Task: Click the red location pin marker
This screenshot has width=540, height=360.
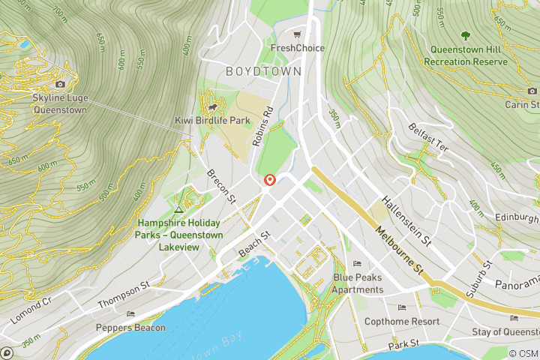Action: click(269, 180)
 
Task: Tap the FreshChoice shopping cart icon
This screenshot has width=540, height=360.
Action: click(298, 34)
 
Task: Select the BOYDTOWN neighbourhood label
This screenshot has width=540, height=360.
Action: click(263, 71)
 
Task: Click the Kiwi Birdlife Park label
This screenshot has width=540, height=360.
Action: click(212, 120)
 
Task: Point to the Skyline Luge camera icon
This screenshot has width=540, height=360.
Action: click(60, 84)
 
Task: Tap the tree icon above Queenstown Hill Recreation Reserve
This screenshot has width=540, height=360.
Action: click(466, 34)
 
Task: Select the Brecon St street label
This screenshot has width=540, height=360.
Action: click(221, 185)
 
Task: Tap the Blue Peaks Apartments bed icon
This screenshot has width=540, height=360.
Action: click(357, 264)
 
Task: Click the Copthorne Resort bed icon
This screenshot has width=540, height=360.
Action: click(401, 307)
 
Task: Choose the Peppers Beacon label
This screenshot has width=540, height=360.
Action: click(130, 327)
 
